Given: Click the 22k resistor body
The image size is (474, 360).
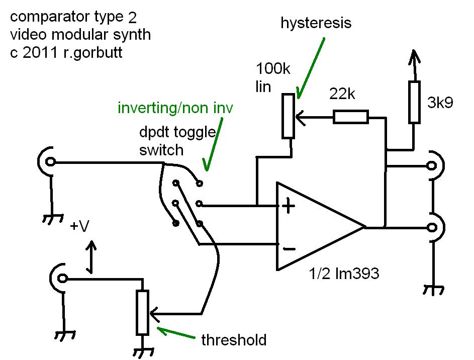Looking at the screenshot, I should pos(350,117).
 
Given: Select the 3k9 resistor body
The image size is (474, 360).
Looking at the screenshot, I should pos(414,102).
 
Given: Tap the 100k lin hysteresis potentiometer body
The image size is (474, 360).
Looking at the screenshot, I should pos(288,116).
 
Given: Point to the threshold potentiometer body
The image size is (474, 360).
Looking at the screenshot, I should pos(143,313).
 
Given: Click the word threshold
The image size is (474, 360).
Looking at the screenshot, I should pos(233,340).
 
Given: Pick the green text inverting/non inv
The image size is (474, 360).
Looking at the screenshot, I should pos(175,108).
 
